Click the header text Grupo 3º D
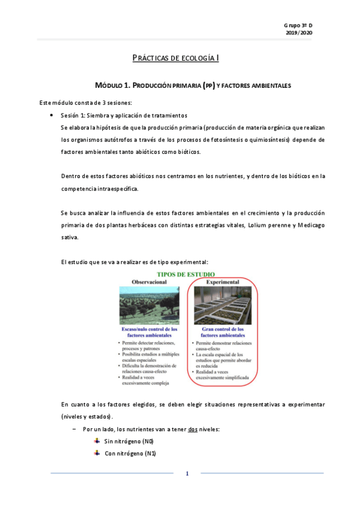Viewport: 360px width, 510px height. tap(298, 25)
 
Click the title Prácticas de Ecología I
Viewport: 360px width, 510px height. tap(175, 58)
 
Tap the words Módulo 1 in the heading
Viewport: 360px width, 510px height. tap(111, 85)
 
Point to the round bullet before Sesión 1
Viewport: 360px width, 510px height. tap(53, 115)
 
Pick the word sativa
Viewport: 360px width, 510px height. tap(70, 237)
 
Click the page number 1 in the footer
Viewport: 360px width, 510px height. tap(187, 474)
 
